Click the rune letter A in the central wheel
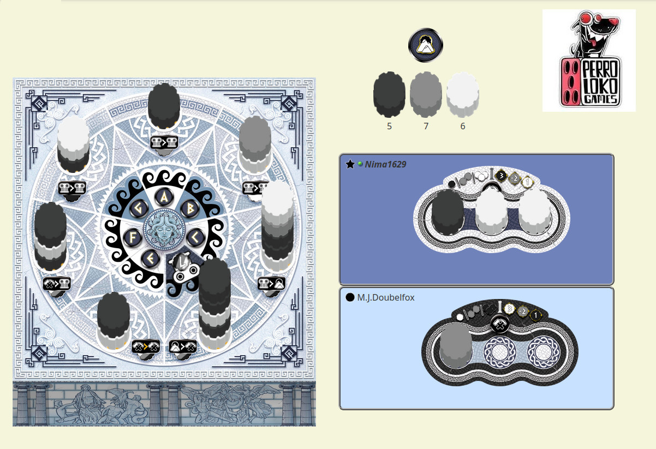point(164,197)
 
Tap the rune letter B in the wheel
point(190,209)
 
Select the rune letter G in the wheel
point(138,209)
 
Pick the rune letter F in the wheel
point(133,237)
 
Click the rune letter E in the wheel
point(150,259)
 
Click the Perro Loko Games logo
point(589,61)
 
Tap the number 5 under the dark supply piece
point(389,126)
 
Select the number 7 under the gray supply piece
point(426,126)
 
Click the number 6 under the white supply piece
point(463,126)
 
